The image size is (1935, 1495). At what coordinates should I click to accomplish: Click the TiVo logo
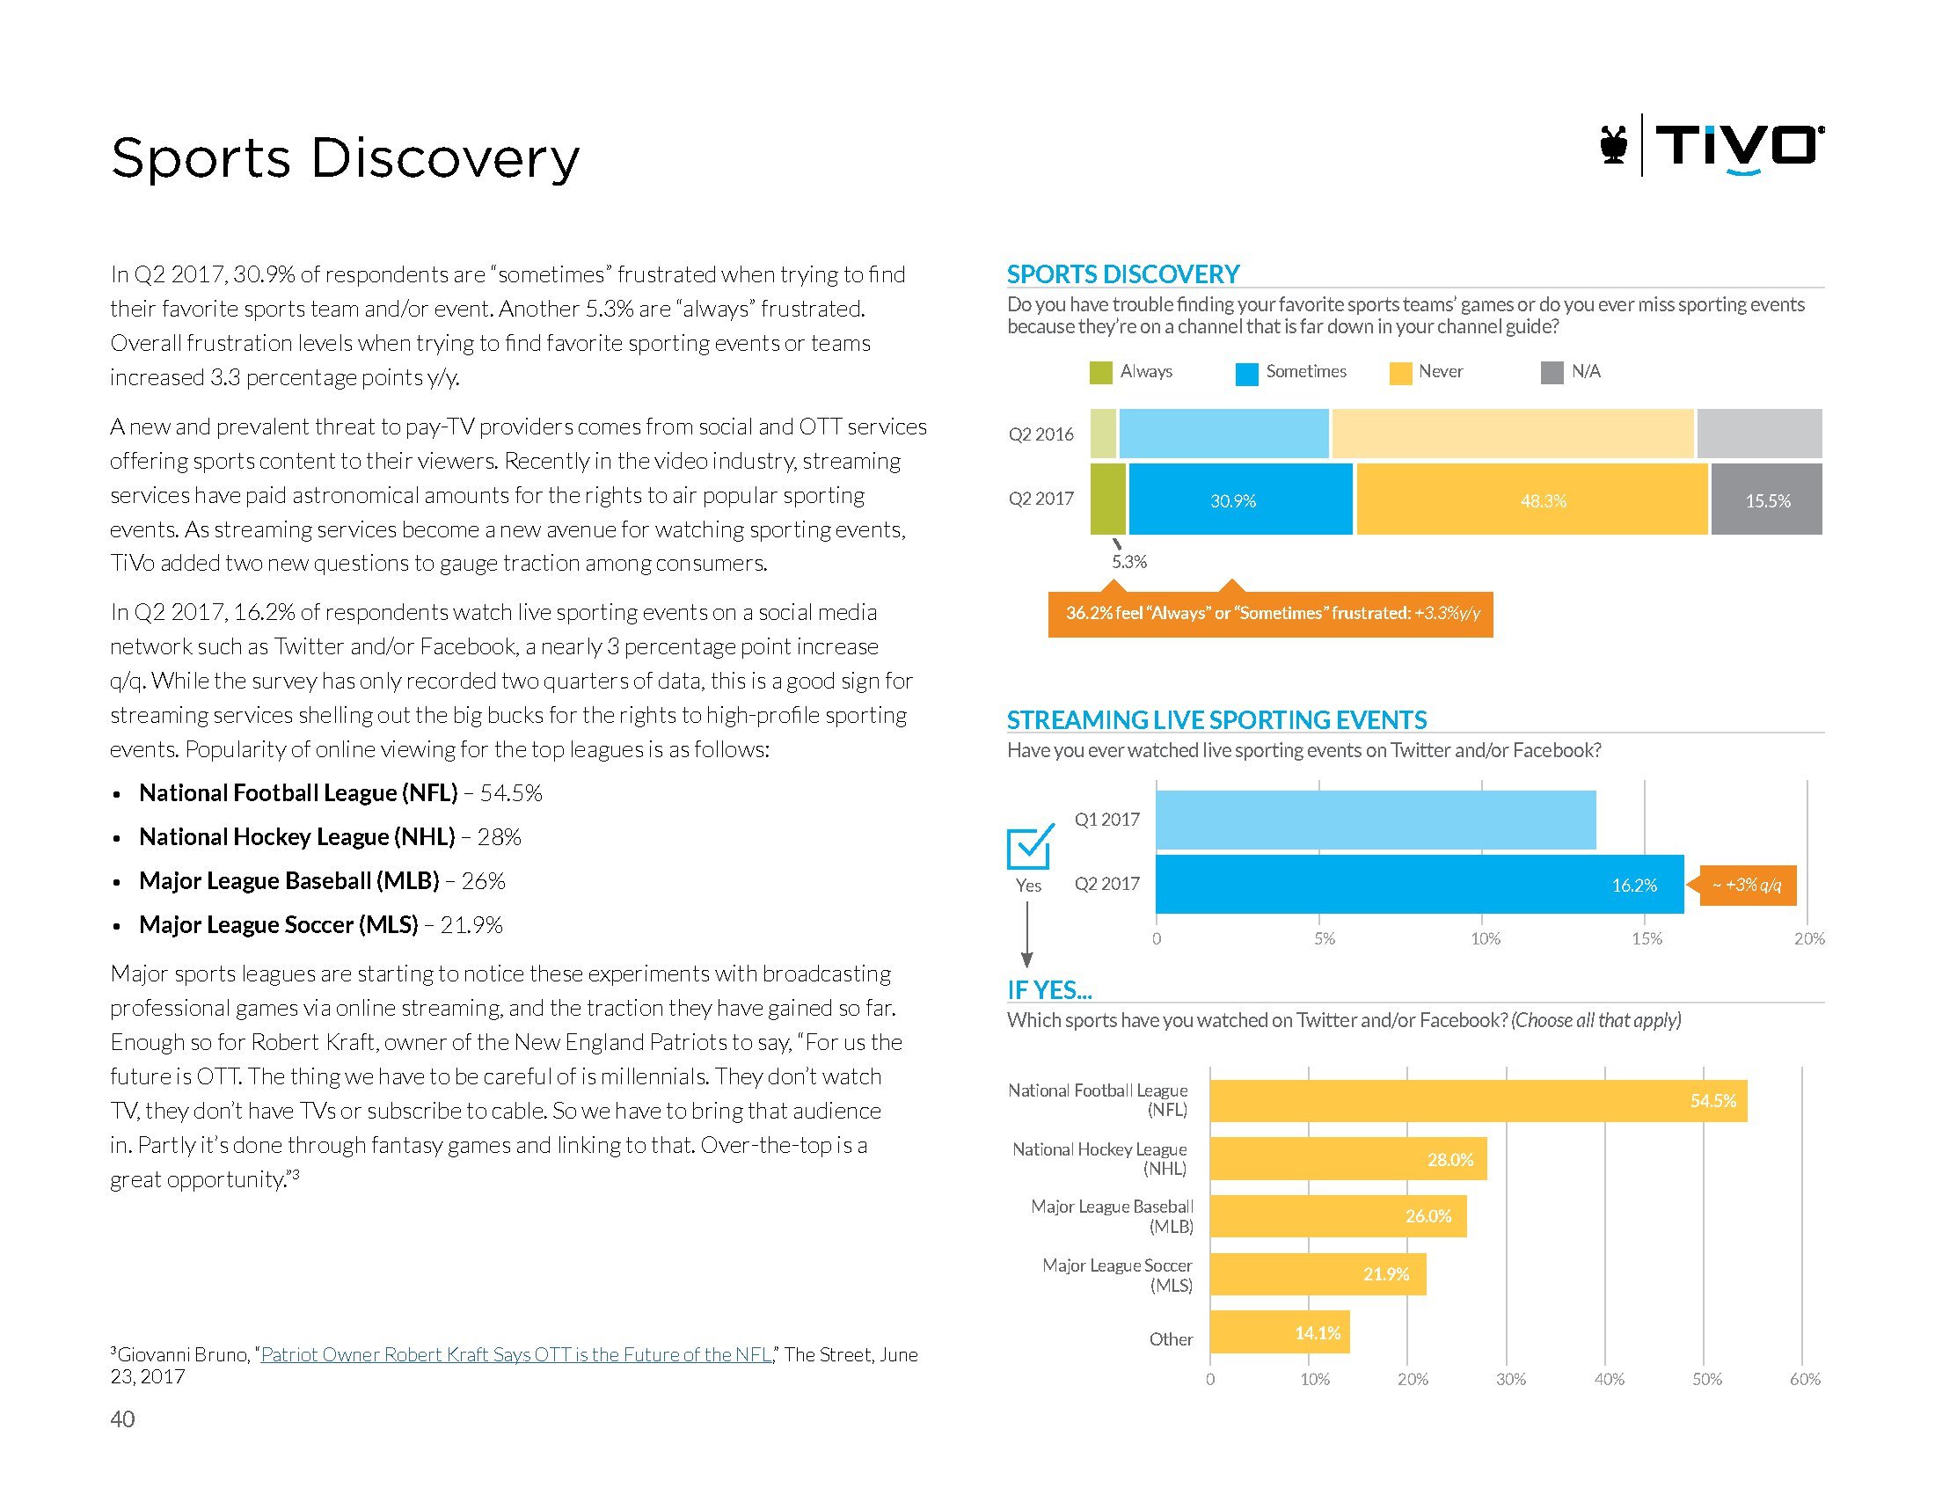[1710, 146]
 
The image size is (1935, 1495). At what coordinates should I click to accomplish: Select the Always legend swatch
[1100, 373]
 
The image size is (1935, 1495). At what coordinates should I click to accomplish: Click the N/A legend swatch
[1552, 373]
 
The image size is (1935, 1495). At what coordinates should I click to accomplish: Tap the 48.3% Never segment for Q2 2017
[1531, 500]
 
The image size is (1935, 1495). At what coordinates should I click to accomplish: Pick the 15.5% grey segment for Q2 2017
[1766, 500]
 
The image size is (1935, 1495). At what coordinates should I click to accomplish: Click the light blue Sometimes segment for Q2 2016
[1223, 433]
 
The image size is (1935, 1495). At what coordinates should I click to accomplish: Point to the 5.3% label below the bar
[1128, 562]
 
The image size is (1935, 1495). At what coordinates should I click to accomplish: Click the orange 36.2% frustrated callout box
[1269, 614]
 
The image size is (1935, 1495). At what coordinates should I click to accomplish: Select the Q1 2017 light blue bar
[1375, 820]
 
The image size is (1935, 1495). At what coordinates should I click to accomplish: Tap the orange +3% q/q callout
[1747, 885]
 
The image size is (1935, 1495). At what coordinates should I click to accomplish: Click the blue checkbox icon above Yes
[1030, 847]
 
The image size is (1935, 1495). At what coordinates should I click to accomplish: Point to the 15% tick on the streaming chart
[1647, 939]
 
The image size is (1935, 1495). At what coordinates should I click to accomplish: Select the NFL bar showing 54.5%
[1478, 1101]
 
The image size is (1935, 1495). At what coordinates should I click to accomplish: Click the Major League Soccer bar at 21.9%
[1318, 1273]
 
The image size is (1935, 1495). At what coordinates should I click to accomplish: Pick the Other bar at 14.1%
[1279, 1332]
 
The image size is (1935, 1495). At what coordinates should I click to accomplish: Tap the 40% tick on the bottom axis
[1608, 1379]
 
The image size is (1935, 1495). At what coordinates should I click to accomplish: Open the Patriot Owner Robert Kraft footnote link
[515, 1354]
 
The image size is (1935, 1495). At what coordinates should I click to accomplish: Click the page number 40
[122, 1419]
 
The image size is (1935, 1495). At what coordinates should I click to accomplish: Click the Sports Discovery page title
[345, 158]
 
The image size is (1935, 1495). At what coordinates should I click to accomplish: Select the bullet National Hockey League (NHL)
[296, 837]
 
